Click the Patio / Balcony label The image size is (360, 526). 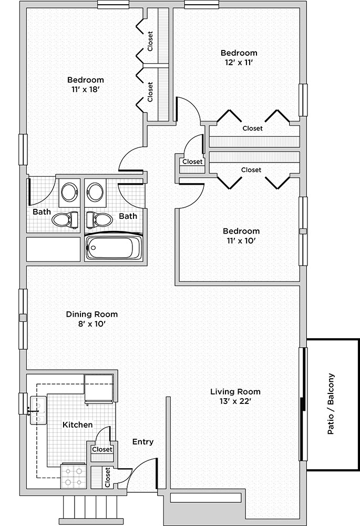click(331, 404)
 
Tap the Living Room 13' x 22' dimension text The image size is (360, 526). click(235, 401)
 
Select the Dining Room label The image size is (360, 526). click(92, 315)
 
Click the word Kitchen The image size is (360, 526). click(77, 424)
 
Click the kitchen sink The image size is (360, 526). click(38, 410)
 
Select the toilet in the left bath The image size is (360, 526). click(65, 219)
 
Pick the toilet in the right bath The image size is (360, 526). click(99, 219)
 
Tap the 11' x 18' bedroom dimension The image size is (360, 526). click(86, 89)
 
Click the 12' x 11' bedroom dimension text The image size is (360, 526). click(239, 62)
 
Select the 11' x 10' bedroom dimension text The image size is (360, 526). click(241, 240)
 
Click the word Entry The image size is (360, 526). click(143, 442)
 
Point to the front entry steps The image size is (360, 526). click(90, 507)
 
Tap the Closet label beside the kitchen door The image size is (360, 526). click(102, 449)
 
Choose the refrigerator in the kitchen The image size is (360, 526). click(99, 389)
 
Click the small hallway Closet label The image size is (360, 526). click(192, 161)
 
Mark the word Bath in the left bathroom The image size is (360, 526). click(42, 211)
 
